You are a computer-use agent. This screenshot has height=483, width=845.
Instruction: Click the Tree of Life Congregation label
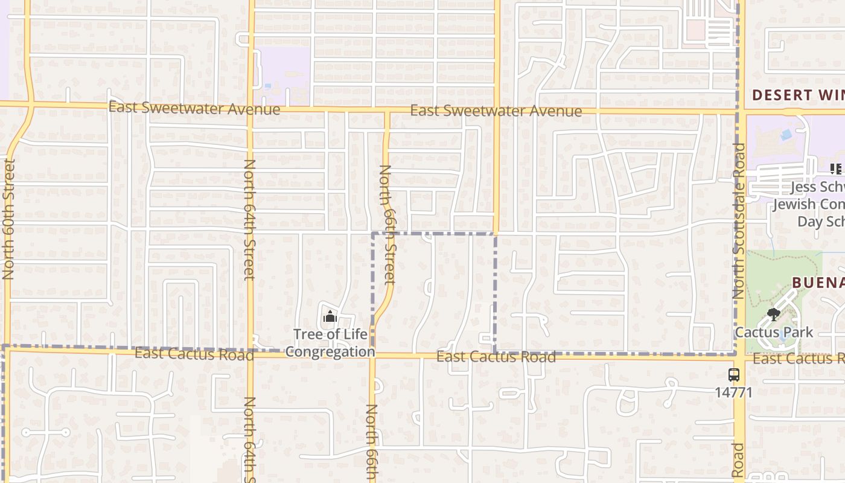[330, 343]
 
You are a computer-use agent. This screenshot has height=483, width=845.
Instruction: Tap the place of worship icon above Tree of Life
[330, 316]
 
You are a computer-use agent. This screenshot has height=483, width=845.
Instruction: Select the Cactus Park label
[774, 333]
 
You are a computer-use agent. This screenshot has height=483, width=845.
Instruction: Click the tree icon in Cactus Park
[773, 314]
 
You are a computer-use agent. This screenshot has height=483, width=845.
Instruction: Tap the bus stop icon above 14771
[734, 375]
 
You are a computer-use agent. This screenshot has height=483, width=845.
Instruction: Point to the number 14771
[734, 392]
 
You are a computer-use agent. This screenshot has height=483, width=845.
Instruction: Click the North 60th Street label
[8, 219]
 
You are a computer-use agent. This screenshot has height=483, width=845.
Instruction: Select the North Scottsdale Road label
[739, 220]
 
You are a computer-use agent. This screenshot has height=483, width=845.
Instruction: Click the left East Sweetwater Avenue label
[194, 109]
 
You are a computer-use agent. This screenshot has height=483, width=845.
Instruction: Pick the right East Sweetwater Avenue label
[496, 111]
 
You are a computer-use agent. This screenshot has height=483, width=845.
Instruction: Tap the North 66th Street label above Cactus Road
[386, 225]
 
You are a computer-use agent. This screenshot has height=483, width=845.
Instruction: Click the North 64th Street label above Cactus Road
[249, 220]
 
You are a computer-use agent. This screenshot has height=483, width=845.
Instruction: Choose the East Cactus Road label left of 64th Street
[194, 354]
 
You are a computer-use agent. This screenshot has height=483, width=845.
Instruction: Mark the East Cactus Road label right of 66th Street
[496, 357]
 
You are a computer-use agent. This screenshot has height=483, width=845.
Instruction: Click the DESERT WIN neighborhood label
[798, 95]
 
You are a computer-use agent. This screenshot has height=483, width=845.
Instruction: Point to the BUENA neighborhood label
[818, 283]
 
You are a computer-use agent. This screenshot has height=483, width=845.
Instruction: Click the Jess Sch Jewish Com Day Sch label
[809, 204]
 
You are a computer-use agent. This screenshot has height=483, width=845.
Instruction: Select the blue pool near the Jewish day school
[785, 135]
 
